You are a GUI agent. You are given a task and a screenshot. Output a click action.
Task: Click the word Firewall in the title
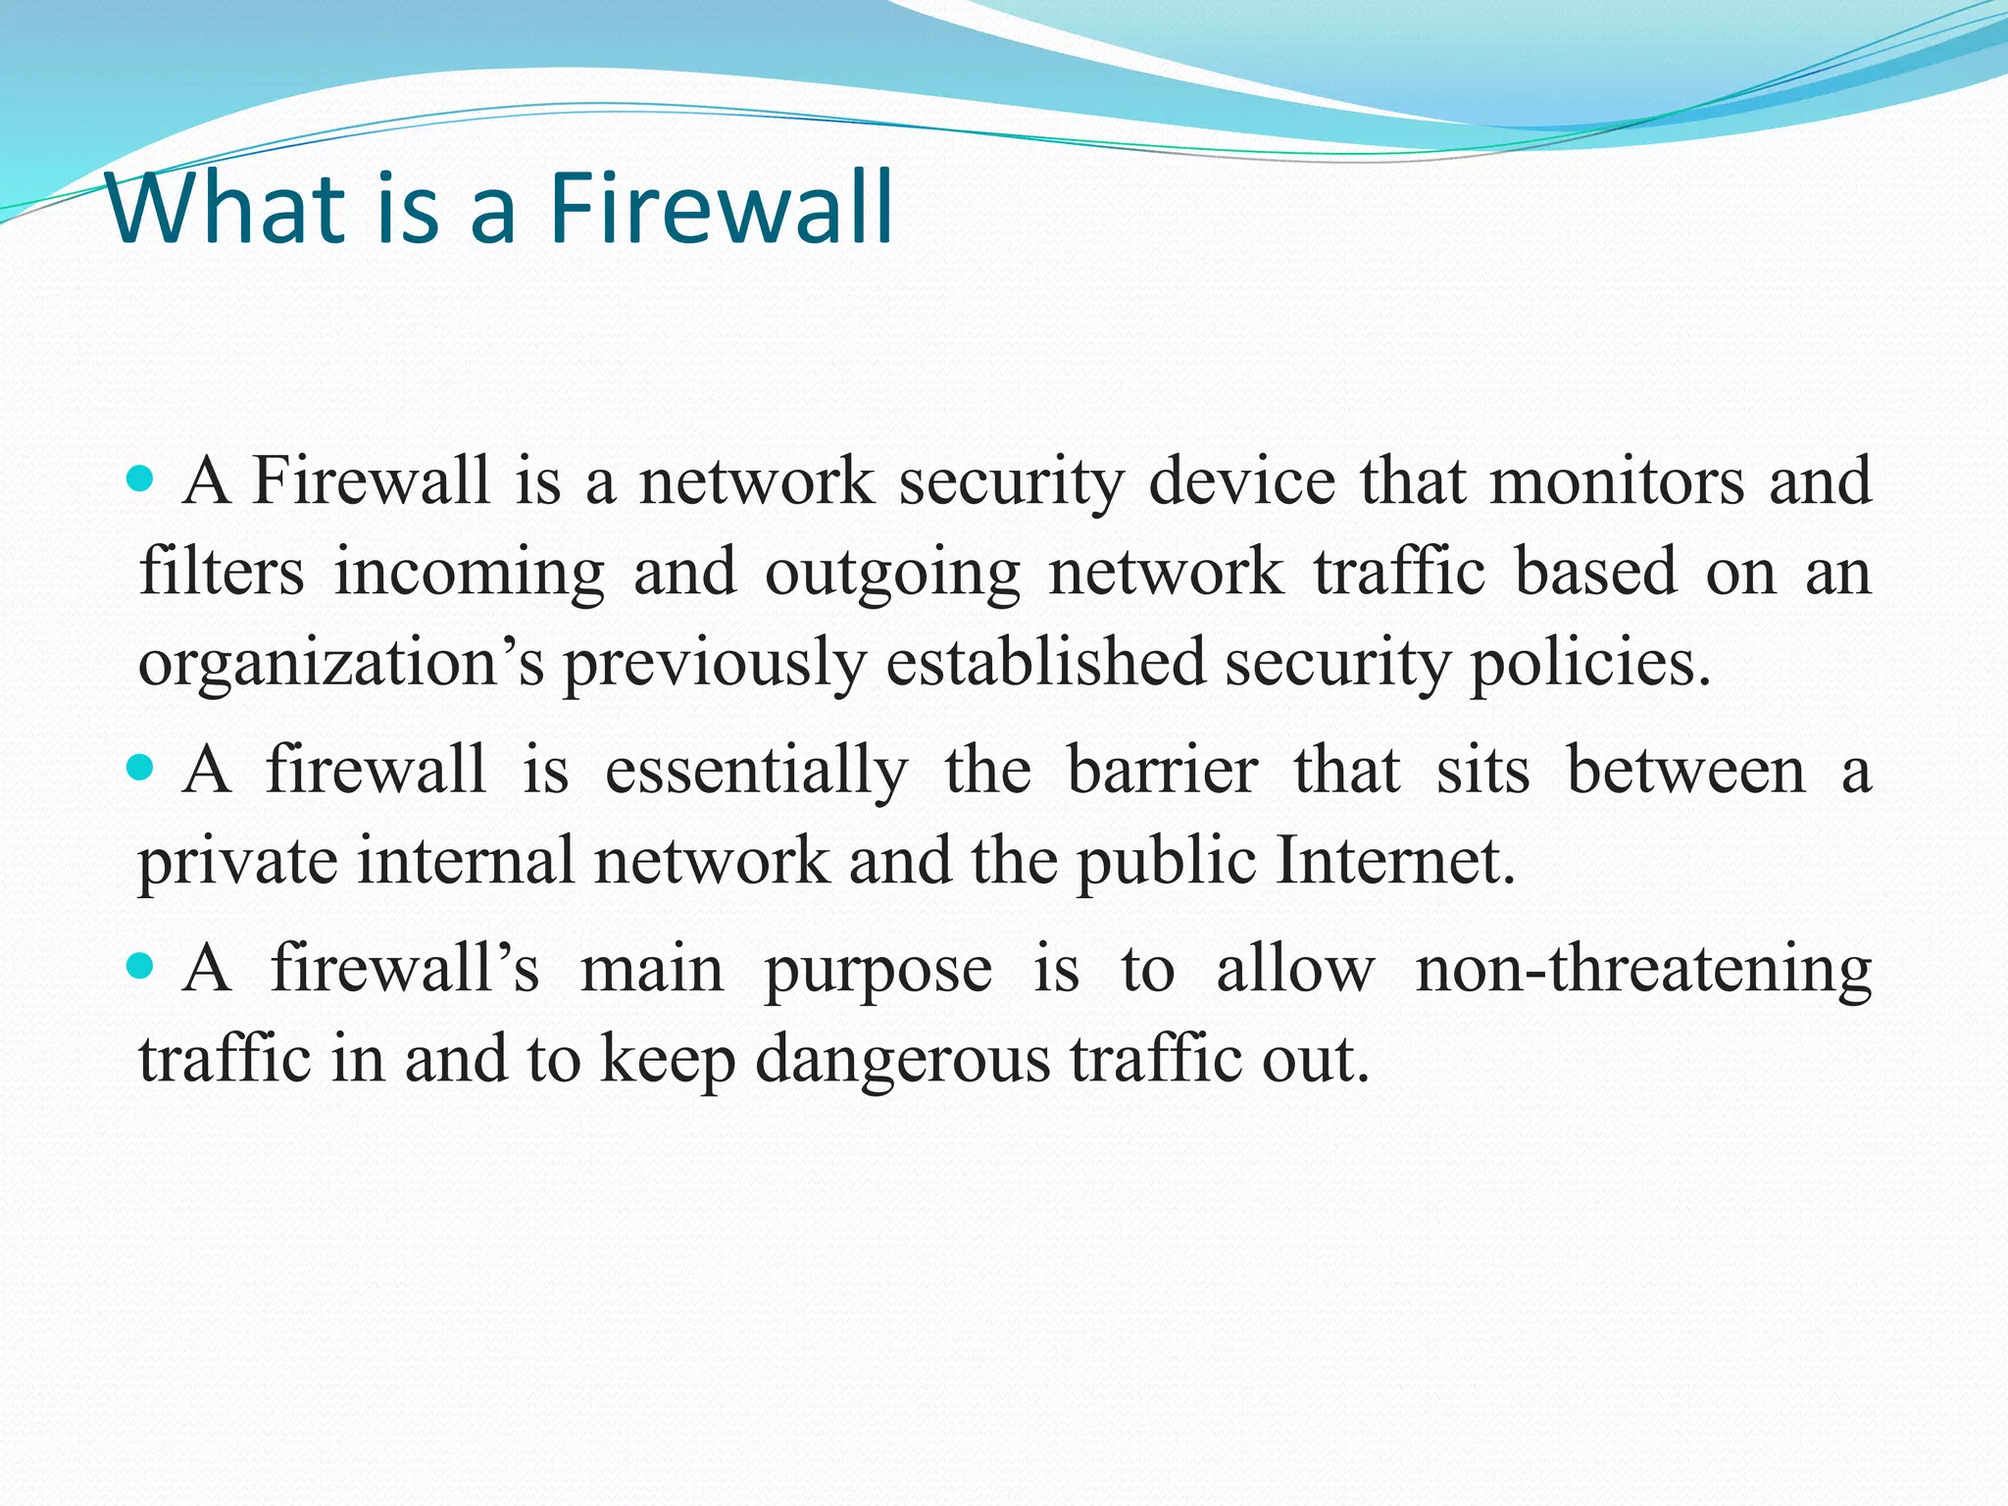pos(721,209)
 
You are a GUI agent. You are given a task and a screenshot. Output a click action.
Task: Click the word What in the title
pos(226,209)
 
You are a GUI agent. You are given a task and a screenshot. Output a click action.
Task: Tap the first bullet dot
pos(141,478)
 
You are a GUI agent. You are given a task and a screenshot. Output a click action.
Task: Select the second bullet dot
pos(141,767)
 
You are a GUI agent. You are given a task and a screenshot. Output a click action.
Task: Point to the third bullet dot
pos(141,967)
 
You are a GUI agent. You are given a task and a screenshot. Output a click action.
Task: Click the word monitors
pos(1617,481)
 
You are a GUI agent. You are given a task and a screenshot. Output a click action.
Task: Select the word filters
pos(222,572)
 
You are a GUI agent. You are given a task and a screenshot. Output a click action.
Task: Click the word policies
pos(1588,664)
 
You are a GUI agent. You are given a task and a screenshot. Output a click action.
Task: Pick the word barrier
pos(1162,770)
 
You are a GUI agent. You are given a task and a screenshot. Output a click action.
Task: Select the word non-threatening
pos(1643,970)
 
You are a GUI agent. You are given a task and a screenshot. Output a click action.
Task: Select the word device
pos(1241,481)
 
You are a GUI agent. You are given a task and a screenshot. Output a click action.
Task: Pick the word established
pos(1045,662)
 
